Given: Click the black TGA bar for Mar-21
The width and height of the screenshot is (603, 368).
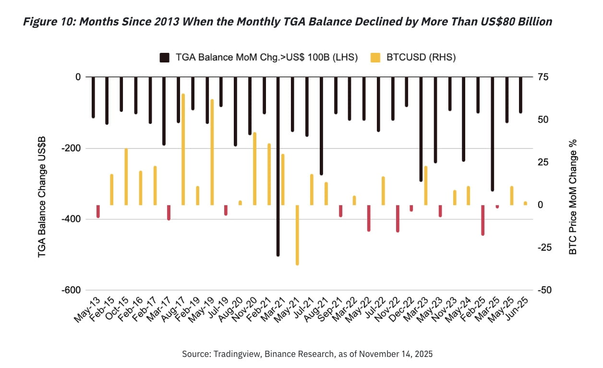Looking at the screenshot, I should tap(278, 166).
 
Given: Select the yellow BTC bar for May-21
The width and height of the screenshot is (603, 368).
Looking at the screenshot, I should tap(297, 235).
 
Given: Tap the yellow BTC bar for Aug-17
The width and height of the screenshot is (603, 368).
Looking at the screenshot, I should tap(183, 149).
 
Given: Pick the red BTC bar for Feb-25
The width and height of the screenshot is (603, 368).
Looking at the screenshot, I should tap(482, 220).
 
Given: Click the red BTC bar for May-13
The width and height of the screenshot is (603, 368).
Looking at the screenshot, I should tap(98, 211).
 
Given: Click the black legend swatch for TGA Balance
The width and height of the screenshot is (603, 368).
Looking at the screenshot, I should tap(165, 58).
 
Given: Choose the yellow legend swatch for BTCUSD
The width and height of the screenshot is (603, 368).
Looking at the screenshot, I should tap(376, 58).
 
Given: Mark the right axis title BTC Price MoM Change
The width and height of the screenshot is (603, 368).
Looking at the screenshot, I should tap(572, 196).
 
